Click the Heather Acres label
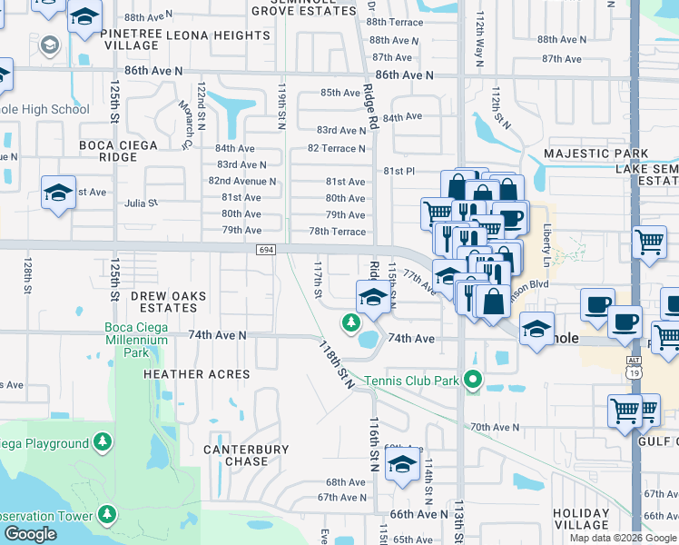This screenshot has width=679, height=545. (197, 374)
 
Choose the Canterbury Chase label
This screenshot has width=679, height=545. (246, 455)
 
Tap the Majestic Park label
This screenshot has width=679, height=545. (595, 154)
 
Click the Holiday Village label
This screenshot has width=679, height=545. (581, 519)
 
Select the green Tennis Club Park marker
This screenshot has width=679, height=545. (471, 379)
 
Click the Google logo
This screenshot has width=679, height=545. (30, 534)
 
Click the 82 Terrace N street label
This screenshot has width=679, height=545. (336, 148)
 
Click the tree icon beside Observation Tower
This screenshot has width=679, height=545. (107, 515)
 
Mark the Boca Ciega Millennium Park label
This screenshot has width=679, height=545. (136, 341)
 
